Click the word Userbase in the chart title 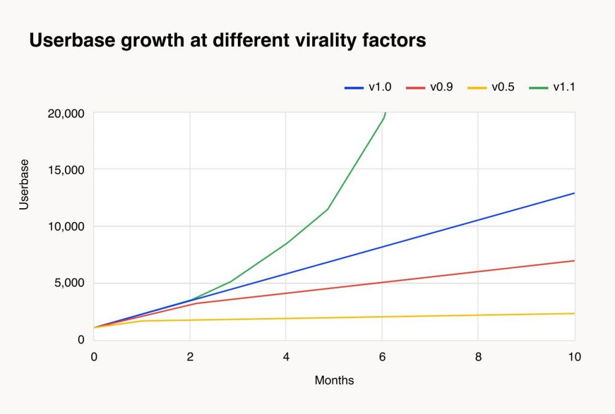[x=67, y=41]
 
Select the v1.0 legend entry [x=368, y=88]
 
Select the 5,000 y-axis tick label [x=68, y=283]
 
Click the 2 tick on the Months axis [x=190, y=356]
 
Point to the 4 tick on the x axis [x=286, y=356]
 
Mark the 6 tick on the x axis [x=382, y=356]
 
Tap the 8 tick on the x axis [x=477, y=356]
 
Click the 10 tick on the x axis [x=574, y=356]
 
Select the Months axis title [x=334, y=380]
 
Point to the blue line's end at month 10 [x=574, y=193]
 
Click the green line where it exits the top [x=385, y=113]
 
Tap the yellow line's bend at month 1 [x=142, y=321]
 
